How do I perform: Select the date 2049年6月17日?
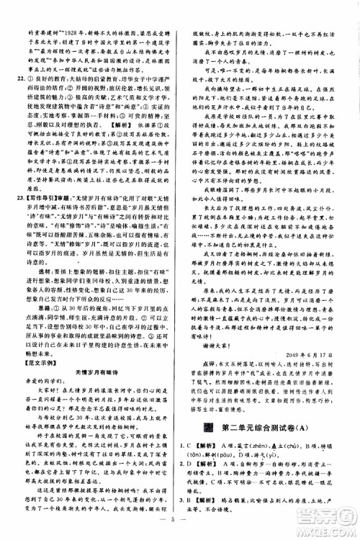pos(309,355)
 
